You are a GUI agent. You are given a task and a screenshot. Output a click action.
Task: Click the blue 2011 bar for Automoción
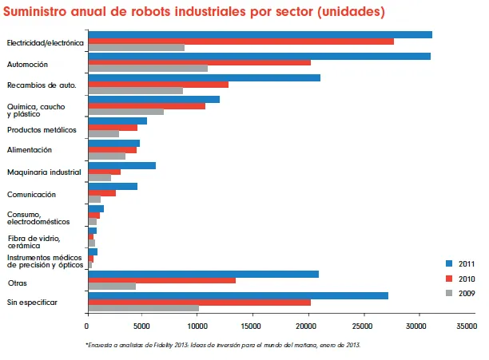259,56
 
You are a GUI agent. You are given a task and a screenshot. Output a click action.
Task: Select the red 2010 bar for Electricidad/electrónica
241,41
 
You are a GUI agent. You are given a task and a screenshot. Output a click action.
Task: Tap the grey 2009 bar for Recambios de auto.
135,91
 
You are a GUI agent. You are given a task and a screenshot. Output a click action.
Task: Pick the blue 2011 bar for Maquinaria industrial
121,165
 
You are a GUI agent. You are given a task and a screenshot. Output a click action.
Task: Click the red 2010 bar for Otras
161,280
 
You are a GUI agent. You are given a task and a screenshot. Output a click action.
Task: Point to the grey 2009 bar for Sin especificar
143,308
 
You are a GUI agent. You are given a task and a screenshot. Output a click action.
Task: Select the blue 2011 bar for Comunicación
113,186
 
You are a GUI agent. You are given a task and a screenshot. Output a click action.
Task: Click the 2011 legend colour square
449,263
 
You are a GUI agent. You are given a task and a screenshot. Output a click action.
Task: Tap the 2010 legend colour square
449,278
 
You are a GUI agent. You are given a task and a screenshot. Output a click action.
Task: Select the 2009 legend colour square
449,293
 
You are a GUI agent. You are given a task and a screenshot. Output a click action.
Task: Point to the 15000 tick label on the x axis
252,326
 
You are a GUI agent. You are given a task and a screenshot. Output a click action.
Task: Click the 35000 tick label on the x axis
473,326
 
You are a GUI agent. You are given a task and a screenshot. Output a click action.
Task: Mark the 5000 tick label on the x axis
142,326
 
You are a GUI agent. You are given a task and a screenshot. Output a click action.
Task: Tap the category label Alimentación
30,149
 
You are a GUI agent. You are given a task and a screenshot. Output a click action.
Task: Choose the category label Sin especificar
32,302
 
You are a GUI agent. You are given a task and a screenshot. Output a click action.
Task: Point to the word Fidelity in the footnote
172,345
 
